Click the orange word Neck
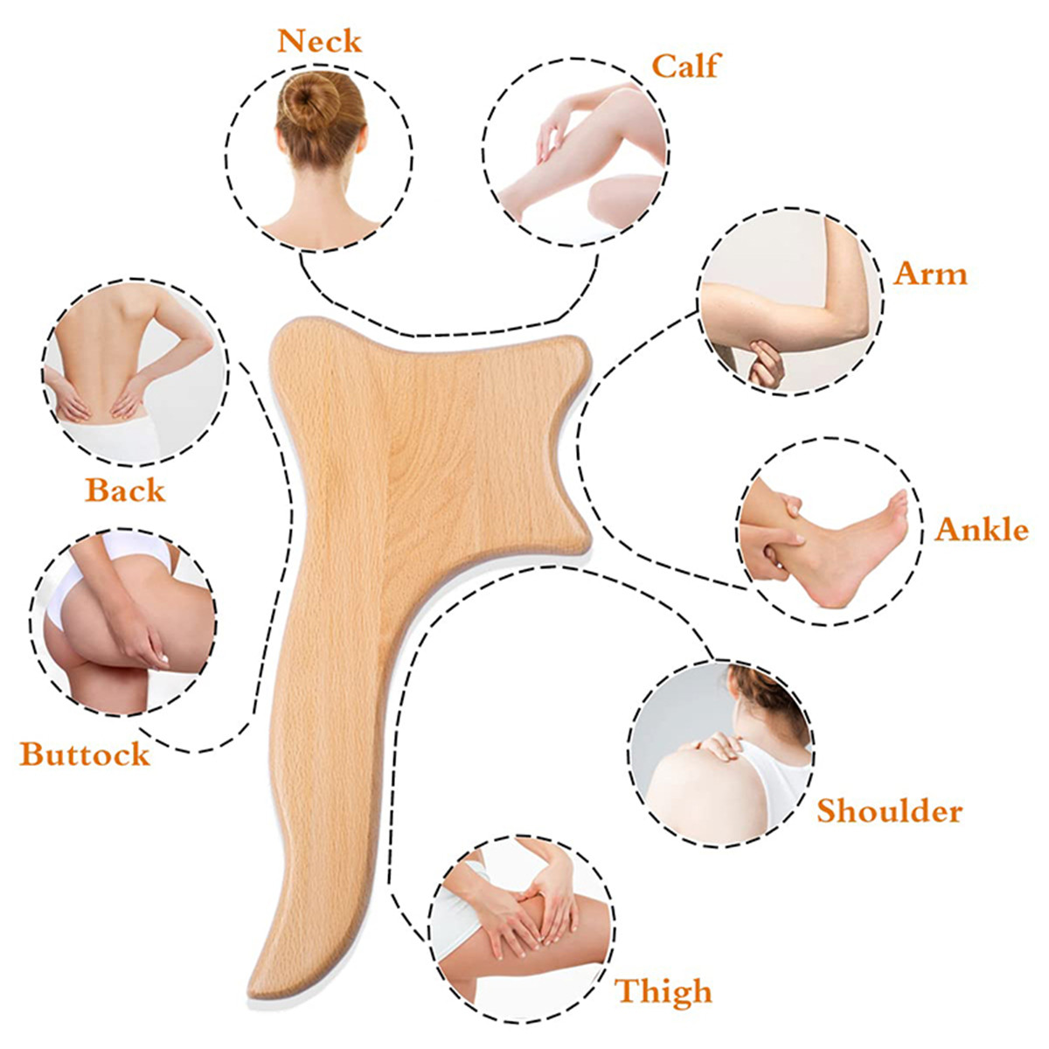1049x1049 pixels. [319, 41]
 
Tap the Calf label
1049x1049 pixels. [685, 66]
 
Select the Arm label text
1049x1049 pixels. [930, 274]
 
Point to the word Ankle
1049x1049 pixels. [982, 529]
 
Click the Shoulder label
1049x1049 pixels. [890, 811]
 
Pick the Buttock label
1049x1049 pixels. [85, 754]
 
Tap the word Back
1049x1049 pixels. [125, 490]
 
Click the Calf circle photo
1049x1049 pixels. [575, 152]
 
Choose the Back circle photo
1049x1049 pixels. [135, 372]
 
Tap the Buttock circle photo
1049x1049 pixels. [123, 622]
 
